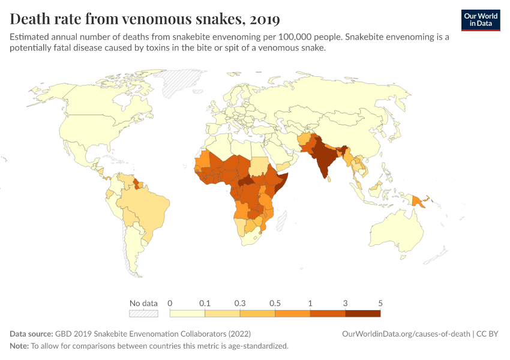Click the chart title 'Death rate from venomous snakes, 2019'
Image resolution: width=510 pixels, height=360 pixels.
pyautogui.click(x=145, y=19)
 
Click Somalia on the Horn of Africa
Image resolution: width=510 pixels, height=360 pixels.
pyautogui.click(x=281, y=183)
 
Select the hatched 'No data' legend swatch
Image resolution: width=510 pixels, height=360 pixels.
pyautogui.click(x=143, y=313)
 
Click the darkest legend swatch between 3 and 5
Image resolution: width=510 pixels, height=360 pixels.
pyautogui.click(x=362, y=313)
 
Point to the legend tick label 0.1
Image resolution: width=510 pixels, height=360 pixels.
pyautogui.click(x=205, y=303)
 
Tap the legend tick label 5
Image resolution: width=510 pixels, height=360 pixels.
pyautogui.click(x=380, y=303)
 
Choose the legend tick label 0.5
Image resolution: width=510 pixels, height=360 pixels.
pyautogui.click(x=275, y=303)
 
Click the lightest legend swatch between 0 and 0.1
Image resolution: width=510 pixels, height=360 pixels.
pyautogui.click(x=187, y=313)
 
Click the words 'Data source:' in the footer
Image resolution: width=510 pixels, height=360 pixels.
pyautogui.click(x=31, y=334)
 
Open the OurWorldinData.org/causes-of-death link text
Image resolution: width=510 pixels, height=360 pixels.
pyautogui.click(x=406, y=334)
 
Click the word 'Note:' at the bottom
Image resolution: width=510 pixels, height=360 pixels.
pyautogui.click(x=19, y=346)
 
